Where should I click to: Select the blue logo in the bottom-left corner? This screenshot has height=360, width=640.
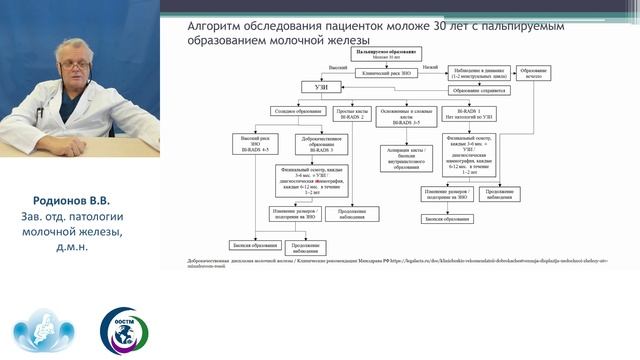40,331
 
